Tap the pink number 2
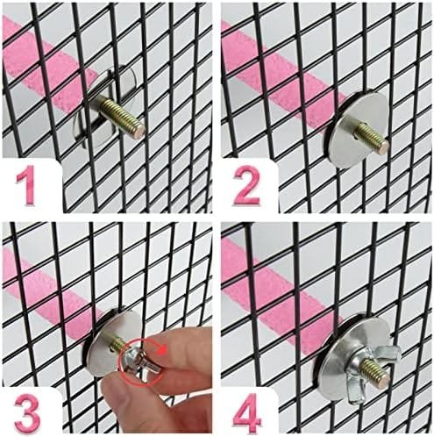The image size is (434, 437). pyautogui.click(x=247, y=185)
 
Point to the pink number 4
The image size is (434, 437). pyautogui.click(x=247, y=412)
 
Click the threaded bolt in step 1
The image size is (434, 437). pyautogui.click(x=120, y=115)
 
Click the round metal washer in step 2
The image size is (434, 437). pyautogui.click(x=357, y=129)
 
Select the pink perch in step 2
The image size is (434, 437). pyautogui.click(x=282, y=68)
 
